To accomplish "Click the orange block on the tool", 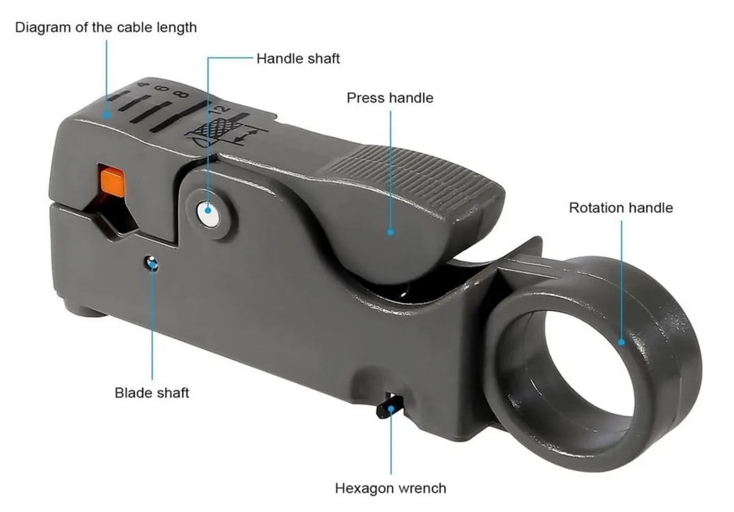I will point(113,181).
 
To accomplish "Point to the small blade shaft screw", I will point(152,265).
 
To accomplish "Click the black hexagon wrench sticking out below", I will point(388,408).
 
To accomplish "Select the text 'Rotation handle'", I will point(620,208).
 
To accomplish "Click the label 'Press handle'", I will point(390,98).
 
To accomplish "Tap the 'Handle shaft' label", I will point(298,59).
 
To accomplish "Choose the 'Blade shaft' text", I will point(152,392).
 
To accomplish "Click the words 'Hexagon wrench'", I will point(390,488).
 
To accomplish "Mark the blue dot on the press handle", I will point(390,232).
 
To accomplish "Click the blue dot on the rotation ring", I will point(621,342).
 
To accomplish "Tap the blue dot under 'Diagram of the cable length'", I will point(106,114).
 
